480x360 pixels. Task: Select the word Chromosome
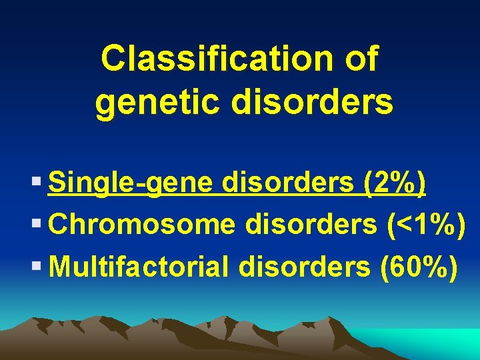coord(142,225)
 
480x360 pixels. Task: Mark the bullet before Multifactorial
coord(37,267)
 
